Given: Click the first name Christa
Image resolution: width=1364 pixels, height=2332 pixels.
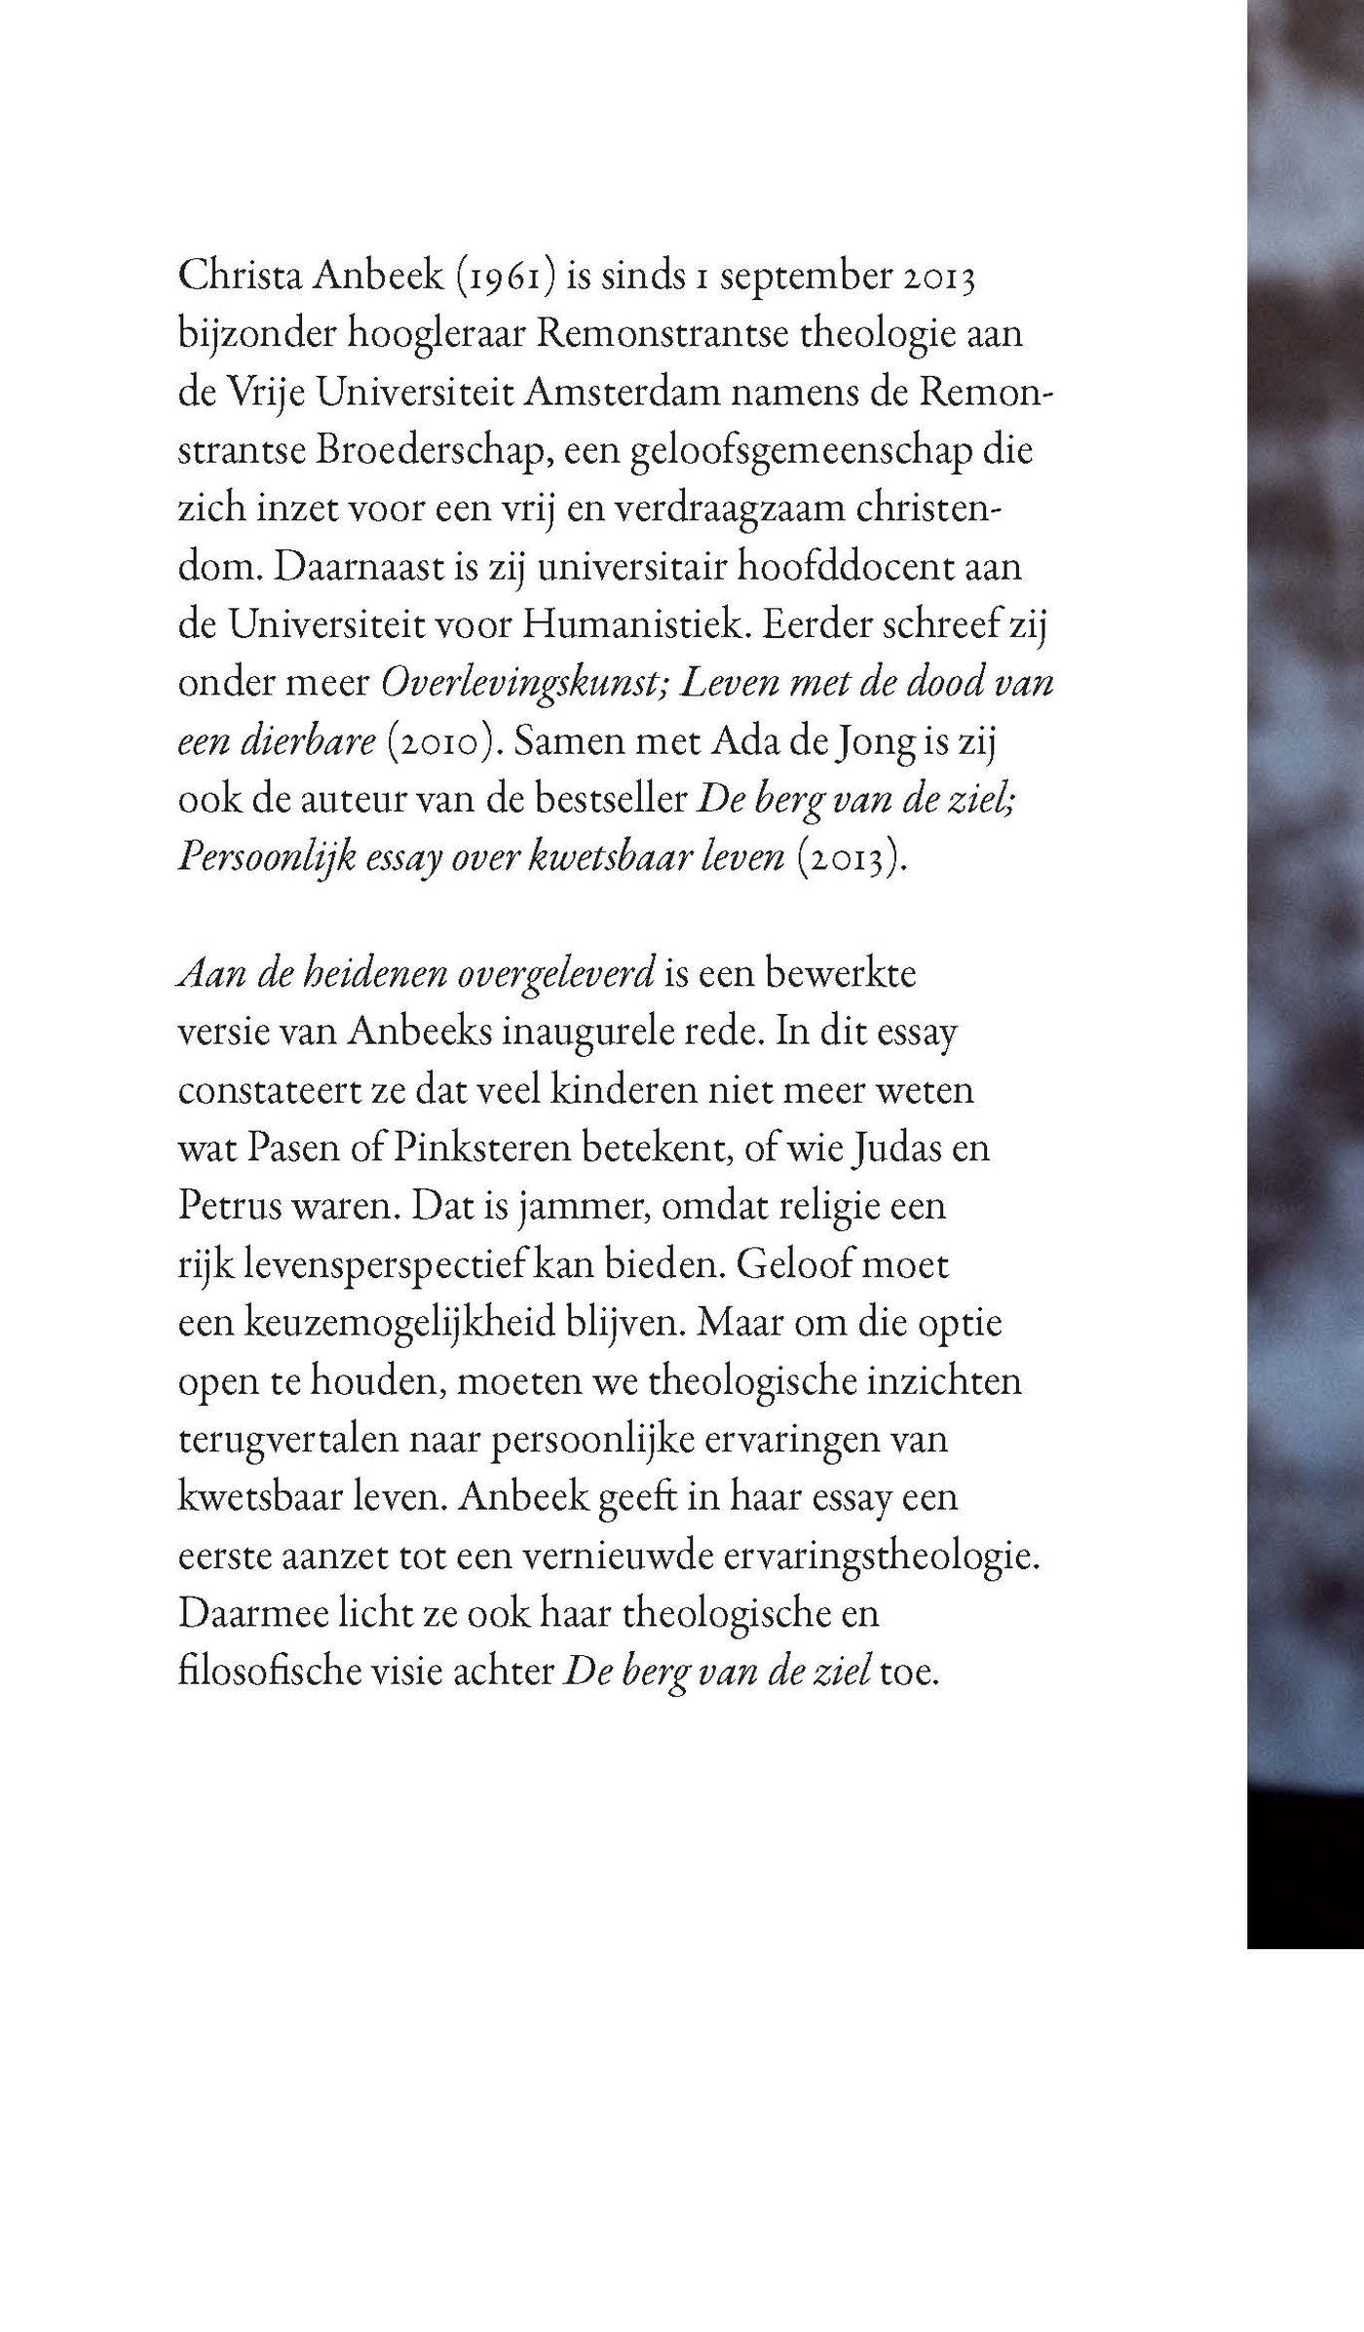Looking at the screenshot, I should coord(235,276).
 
